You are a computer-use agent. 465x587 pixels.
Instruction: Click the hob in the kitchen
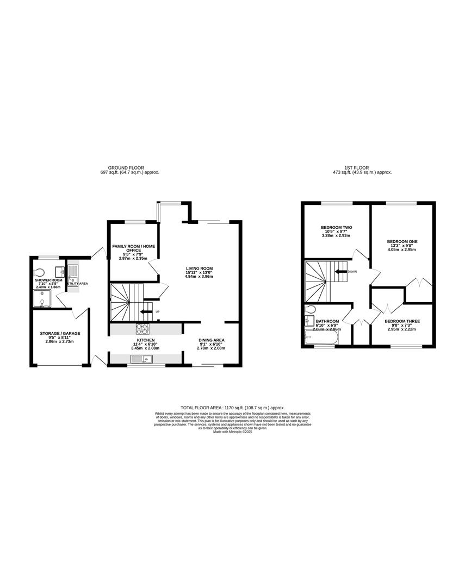coord(142,328)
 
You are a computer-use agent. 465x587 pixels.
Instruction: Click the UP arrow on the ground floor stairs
coord(146,311)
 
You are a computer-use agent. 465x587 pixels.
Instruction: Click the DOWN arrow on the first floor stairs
coord(342,271)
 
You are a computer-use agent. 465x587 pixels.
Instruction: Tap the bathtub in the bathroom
coord(321,338)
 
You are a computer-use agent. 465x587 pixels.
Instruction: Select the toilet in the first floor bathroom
coord(310,310)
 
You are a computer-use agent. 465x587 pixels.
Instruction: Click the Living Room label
coord(199,268)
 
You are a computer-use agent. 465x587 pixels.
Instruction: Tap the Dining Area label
coord(212,340)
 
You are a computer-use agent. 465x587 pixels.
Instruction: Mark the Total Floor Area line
coord(232,407)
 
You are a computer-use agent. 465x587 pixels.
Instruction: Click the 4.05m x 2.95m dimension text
coord(402,252)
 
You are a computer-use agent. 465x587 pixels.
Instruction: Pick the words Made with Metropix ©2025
coord(232,432)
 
